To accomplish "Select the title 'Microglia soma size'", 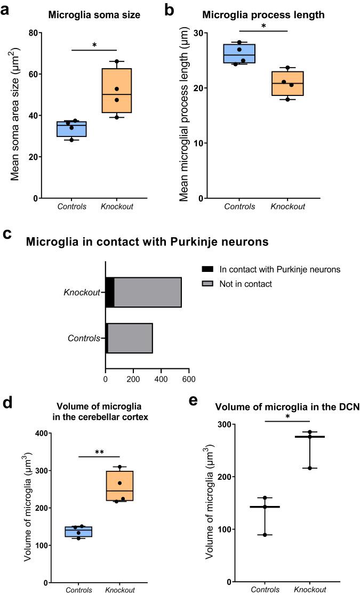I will pyautogui.click(x=94, y=15).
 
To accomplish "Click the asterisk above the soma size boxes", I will pyautogui.click(x=94, y=45).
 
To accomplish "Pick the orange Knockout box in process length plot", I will pyautogui.click(x=288, y=84).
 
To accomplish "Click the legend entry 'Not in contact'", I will pyautogui.click(x=245, y=284).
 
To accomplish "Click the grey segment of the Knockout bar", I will pyautogui.click(x=148, y=292).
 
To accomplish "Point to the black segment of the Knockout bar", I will pyautogui.click(x=110, y=292).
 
